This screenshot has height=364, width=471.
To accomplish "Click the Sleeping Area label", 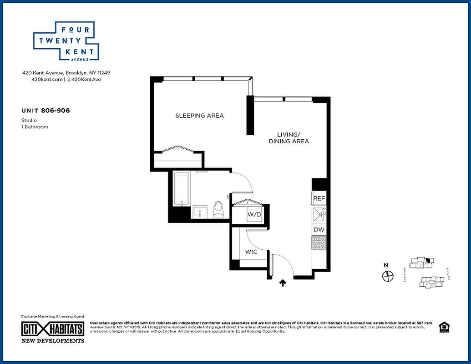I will point(199,116).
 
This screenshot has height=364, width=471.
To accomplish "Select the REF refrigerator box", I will point(319,199).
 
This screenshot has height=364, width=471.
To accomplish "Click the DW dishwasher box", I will point(319,230).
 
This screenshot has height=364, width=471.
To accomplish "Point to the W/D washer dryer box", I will point(253,214).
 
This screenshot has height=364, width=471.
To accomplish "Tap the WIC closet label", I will point(251,252).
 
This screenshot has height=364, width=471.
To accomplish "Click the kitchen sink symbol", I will point(319,213).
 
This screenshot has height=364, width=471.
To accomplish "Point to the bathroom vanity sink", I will point(199,212).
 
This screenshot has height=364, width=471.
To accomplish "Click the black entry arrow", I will point(283,283).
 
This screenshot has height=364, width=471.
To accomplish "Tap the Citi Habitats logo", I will point(53,329).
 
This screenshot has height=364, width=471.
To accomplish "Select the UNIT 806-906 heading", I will point(46,111).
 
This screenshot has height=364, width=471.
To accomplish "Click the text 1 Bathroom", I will point(35,127).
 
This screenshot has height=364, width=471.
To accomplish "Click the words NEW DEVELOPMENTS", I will point(53,340).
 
